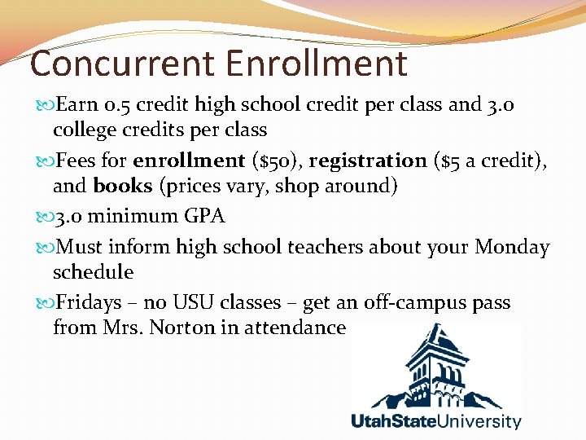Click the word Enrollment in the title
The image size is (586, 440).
tap(317, 64)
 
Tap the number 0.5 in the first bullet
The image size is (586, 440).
tap(120, 106)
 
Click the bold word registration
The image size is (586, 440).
tap(367, 161)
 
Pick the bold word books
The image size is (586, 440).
tap(123, 186)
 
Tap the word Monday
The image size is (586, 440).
tap(513, 247)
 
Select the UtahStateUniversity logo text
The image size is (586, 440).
tap(436, 421)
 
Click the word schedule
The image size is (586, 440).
tap(93, 271)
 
